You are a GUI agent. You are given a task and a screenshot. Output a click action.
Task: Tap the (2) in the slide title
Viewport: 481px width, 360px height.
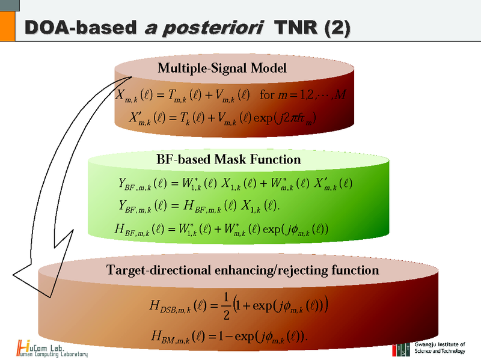(x=332, y=29)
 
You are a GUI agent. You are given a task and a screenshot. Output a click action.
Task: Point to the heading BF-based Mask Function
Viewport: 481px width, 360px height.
(x=228, y=159)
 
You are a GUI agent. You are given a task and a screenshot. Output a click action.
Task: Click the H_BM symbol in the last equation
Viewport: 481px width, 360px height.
(x=172, y=335)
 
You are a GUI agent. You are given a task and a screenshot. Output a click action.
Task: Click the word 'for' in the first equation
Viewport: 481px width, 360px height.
(x=266, y=94)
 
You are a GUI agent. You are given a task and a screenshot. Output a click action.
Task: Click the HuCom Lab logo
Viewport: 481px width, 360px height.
(x=52, y=348)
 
